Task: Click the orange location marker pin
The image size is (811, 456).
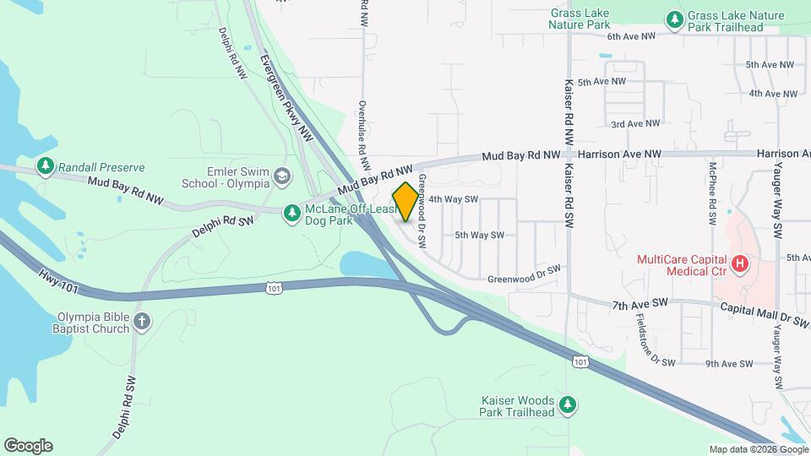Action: [x=405, y=202]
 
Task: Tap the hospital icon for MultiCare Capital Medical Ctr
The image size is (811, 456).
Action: [x=740, y=264]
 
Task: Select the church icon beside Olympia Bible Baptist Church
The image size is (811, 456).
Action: [x=141, y=321]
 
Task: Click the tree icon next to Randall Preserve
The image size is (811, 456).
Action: [x=45, y=166]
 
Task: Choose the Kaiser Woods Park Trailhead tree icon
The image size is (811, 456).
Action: [x=569, y=405]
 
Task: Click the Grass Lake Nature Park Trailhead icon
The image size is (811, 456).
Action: [x=674, y=19]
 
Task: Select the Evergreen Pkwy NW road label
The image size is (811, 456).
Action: [x=281, y=92]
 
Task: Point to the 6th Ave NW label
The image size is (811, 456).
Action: [x=631, y=36]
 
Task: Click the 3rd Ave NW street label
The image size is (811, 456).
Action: [x=635, y=123]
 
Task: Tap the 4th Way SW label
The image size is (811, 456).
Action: [x=454, y=199]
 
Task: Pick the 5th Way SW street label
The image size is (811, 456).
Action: [x=479, y=235]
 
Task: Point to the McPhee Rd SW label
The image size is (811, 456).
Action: [x=714, y=193]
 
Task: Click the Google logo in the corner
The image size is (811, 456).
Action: [x=28, y=446]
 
